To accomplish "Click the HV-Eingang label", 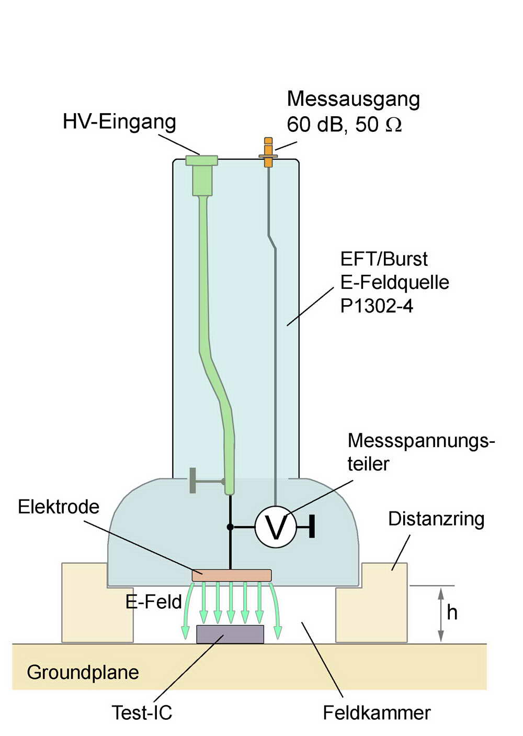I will click(119, 121).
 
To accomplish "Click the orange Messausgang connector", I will click(268, 152).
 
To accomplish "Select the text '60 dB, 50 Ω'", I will click(344, 125).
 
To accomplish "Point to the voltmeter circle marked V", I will click(276, 527).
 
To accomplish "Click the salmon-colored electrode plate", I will click(232, 575).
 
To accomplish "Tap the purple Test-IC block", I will click(230, 634).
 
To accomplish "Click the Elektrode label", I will click(59, 507).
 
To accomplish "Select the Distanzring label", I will click(436, 519).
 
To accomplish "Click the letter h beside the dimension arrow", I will click(452, 612).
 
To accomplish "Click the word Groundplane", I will click(83, 672).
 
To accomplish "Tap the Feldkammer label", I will click(377, 712).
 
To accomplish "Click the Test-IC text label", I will click(142, 712).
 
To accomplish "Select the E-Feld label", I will click(153, 602).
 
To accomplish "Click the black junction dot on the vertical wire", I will click(230, 527).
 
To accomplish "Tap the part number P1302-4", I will click(377, 306).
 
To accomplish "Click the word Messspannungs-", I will click(421, 441).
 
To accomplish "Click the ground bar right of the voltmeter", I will click(312, 527).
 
